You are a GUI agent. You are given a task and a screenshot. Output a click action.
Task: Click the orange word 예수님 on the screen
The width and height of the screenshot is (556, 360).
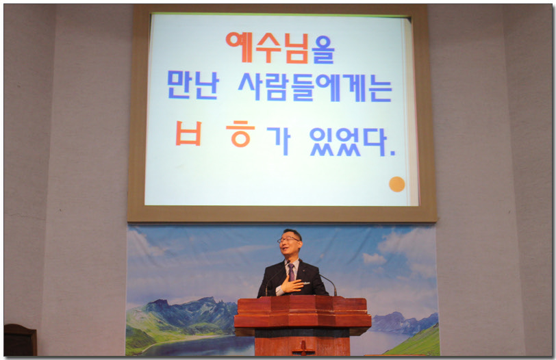[x=267, y=47]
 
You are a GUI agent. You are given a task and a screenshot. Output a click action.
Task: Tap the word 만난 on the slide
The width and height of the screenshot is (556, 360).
[x=193, y=85]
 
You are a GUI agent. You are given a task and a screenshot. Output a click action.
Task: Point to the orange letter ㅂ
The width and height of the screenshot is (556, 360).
[x=189, y=133]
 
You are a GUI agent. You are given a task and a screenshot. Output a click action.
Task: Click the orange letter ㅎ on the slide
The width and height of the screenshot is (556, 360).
[x=240, y=133]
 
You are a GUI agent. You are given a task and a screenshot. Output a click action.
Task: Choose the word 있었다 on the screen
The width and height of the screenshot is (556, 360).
[x=348, y=142]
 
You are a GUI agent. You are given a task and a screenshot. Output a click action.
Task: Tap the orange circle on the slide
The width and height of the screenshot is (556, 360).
[x=396, y=184]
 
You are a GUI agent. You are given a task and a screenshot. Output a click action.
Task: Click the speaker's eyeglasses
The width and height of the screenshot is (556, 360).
[x=288, y=240]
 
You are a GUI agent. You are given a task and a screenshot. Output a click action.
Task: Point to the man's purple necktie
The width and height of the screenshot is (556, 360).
[x=291, y=272]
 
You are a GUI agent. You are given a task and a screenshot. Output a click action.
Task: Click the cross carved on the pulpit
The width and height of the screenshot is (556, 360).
[x=303, y=348]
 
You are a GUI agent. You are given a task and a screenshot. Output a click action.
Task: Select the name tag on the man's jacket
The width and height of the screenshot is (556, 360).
[x=306, y=283]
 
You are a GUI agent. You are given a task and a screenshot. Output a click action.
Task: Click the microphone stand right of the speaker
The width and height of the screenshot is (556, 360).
[x=328, y=284]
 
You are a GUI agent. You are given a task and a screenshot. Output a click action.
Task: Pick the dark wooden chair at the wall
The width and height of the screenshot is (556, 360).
[x=21, y=339]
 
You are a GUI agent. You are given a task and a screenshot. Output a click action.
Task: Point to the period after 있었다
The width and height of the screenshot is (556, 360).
[x=392, y=154]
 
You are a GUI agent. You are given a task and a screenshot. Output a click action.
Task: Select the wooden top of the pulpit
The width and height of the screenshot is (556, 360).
[x=303, y=311]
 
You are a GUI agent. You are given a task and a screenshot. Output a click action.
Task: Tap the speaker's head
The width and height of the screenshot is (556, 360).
[x=290, y=244]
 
